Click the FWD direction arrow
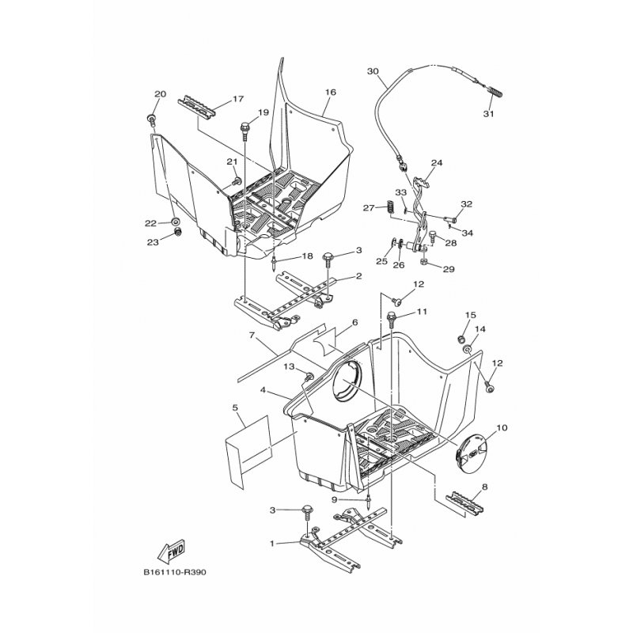(x=171, y=551)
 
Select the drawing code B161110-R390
(x=174, y=572)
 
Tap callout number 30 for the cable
(x=373, y=71)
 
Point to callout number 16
(x=330, y=92)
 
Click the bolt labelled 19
(x=244, y=128)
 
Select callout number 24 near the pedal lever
(x=437, y=163)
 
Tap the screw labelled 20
(x=152, y=119)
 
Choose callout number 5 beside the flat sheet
(x=235, y=407)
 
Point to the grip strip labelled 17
(x=197, y=107)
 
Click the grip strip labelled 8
(x=464, y=502)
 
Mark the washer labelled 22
(x=176, y=222)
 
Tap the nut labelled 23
(x=176, y=232)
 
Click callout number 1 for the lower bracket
(x=271, y=544)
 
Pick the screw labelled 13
(x=309, y=377)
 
